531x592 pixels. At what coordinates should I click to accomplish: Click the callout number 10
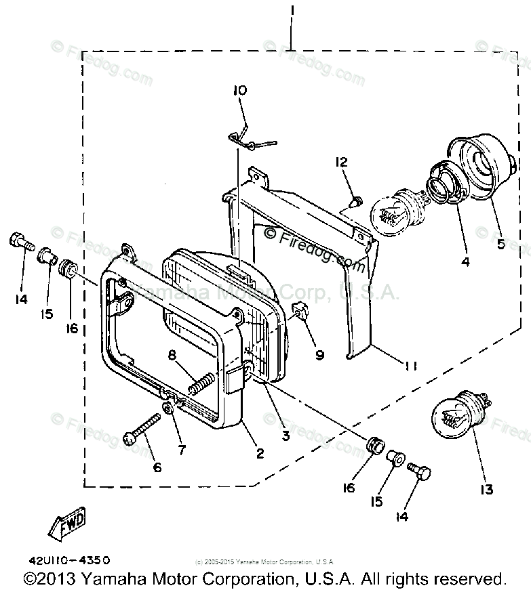[240, 91]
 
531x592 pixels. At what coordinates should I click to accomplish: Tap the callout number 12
[340, 162]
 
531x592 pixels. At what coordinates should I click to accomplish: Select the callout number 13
[487, 490]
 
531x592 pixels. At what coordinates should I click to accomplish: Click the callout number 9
[319, 354]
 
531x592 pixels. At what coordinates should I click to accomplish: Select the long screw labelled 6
[142, 429]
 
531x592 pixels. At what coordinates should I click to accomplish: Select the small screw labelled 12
[356, 200]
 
